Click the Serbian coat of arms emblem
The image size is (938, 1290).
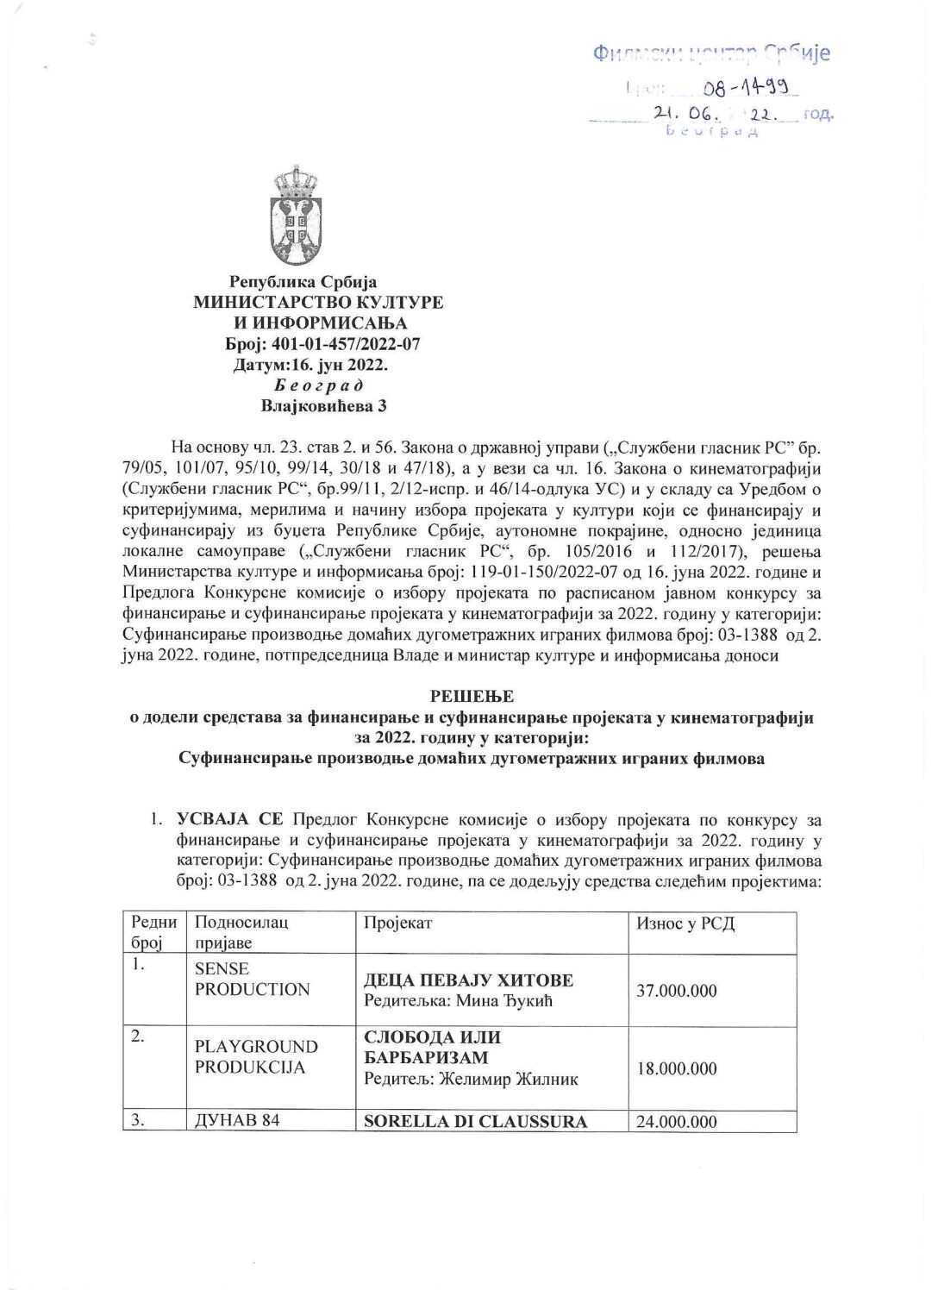point(296,216)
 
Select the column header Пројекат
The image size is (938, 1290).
point(398,924)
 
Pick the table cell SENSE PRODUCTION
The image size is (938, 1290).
point(252,979)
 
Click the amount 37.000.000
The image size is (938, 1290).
point(677,991)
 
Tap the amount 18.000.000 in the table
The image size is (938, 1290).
point(677,1068)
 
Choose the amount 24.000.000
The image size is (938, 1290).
point(677,1122)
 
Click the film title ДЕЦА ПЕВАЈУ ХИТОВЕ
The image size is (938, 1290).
point(469,980)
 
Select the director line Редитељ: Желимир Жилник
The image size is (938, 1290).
point(472,1078)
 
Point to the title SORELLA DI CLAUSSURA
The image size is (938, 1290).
point(476,1122)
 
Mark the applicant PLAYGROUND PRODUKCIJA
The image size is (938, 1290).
point(256,1057)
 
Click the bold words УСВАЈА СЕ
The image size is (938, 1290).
point(229,818)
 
